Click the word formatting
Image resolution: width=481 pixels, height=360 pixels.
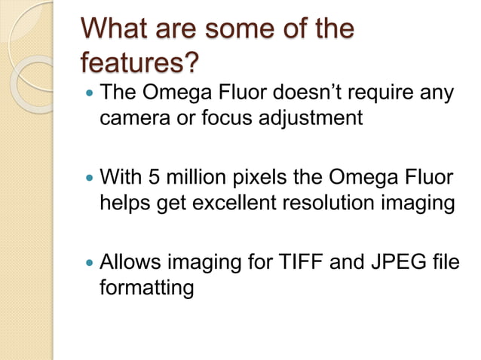[x=146, y=287]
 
